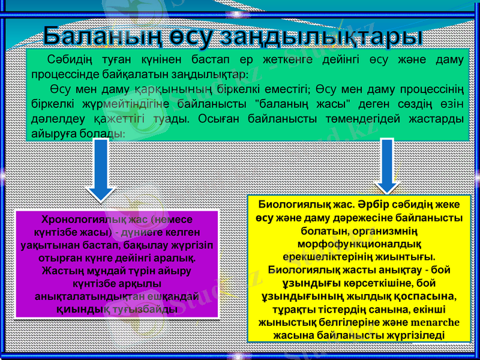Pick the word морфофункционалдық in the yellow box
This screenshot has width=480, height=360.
[x=358, y=243]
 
